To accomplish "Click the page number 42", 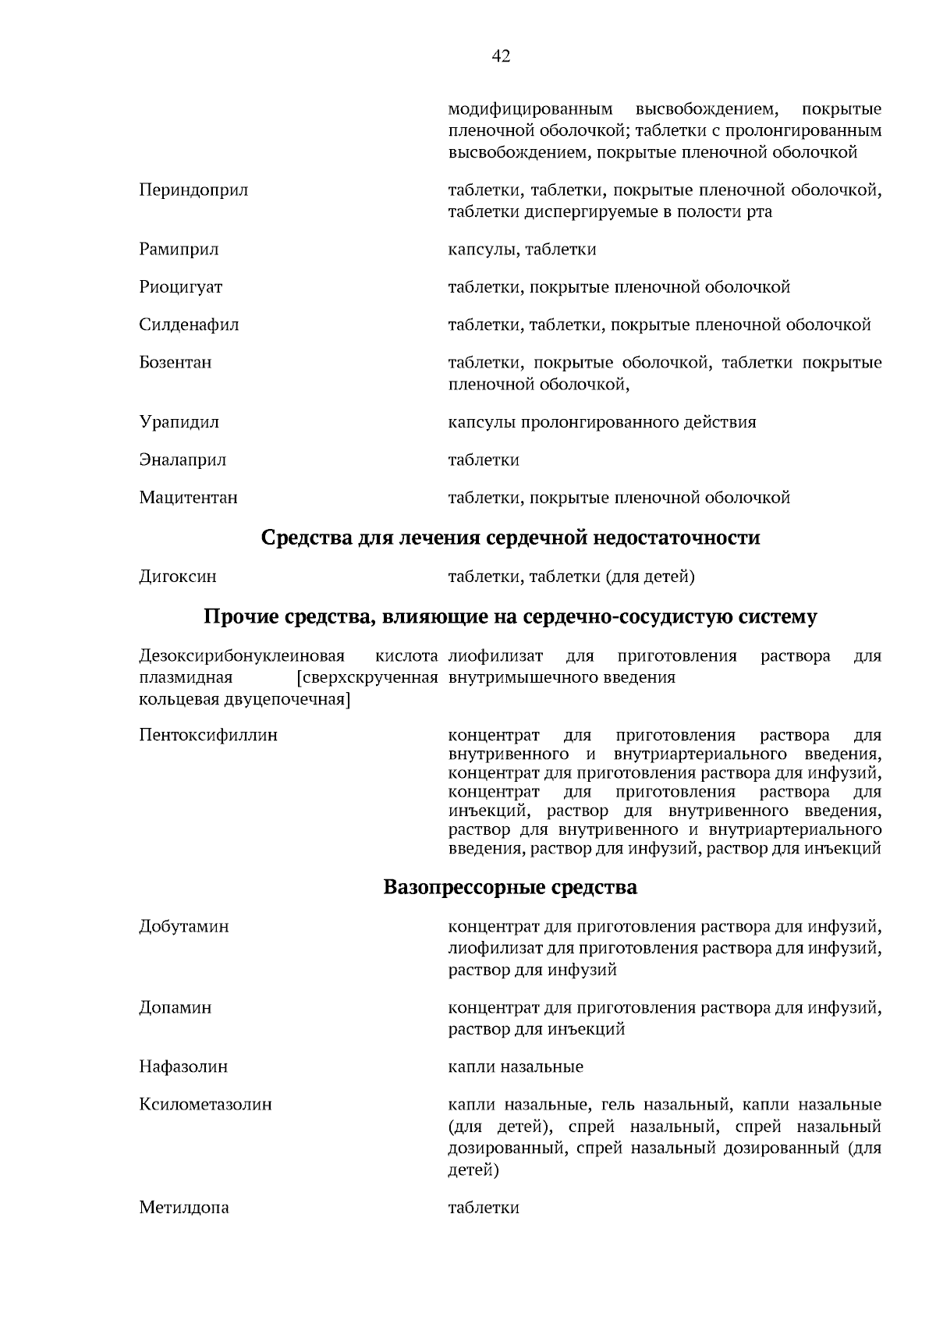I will click(502, 56).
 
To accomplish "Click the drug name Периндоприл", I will click(193, 190).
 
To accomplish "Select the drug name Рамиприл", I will click(179, 250).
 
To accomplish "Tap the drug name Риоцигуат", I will click(181, 287).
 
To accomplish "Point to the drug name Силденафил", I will click(189, 325).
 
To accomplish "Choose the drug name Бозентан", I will click(175, 363).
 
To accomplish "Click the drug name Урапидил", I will click(179, 422).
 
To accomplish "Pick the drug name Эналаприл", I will click(183, 460).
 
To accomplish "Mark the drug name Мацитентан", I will click(188, 498).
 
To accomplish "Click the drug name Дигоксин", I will click(178, 577).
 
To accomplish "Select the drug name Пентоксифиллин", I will click(208, 735).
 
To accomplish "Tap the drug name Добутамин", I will click(184, 927).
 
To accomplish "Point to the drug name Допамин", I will click(175, 1007).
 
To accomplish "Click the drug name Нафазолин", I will click(183, 1067).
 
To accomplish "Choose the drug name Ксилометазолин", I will click(205, 1105).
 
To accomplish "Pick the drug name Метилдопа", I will click(184, 1208).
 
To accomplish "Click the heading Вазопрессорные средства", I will click(510, 887).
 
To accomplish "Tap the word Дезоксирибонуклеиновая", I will click(242, 655).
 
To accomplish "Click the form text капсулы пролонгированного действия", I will click(601, 422).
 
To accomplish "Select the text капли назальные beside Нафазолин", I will click(516, 1067).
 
